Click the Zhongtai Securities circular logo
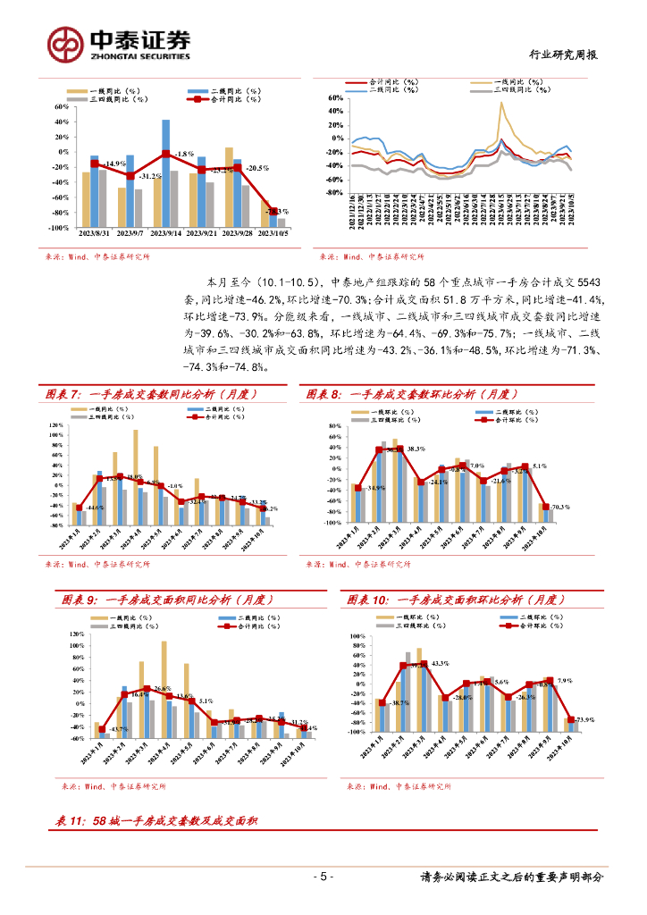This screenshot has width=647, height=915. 64,43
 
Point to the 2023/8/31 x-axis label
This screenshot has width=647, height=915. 94,234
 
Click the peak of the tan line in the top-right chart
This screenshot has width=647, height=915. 501,103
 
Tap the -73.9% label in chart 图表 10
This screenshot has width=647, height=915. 583,719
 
